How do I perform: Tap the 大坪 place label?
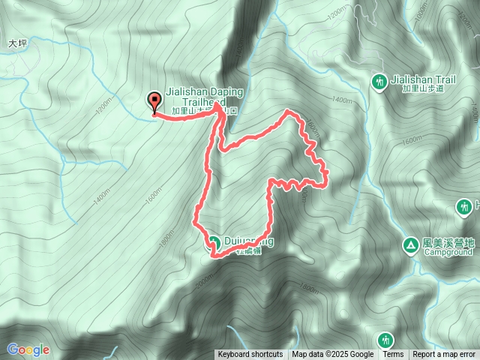coord(17,44)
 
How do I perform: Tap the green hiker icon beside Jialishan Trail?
coord(379,81)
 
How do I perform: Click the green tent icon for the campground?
coord(410,244)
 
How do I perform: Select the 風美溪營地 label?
coord(449,243)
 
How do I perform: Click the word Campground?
coord(448,253)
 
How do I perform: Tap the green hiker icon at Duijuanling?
coord(214,242)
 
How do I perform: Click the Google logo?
coord(28,349)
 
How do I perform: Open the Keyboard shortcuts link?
coord(250,355)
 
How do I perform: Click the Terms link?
coord(393,355)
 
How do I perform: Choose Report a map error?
coord(444,355)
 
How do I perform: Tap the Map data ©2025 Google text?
coord(333,355)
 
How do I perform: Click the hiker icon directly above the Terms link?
coord(385,340)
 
